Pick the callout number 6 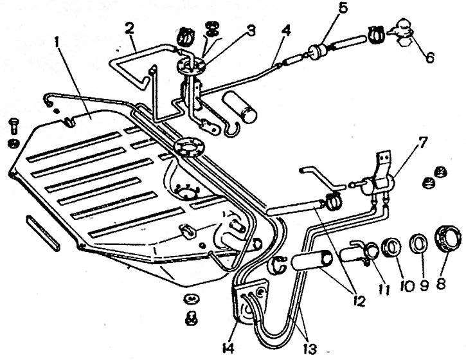(x=429, y=57)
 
